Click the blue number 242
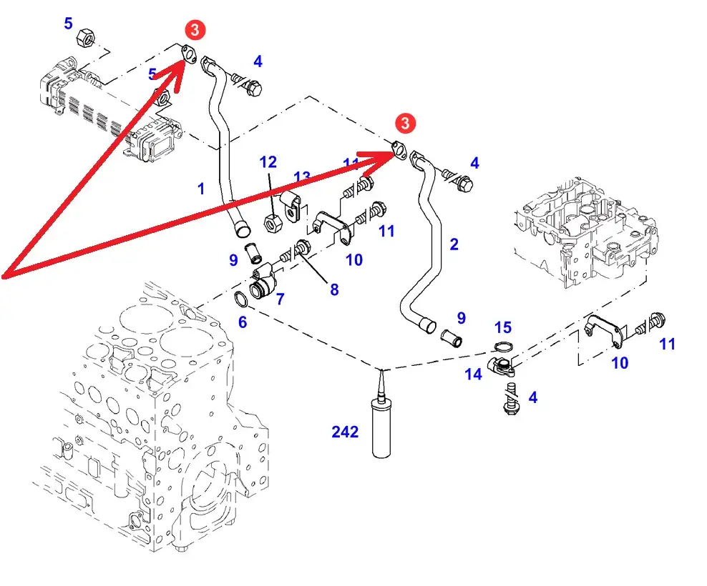[344, 432]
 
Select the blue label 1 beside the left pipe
[201, 189]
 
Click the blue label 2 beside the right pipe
[454, 244]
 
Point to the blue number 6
[243, 322]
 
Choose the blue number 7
[280, 299]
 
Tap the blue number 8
[334, 290]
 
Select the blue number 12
[268, 162]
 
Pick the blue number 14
[473, 373]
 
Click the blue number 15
[503, 327]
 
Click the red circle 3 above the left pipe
[196, 29]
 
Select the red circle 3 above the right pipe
[406, 123]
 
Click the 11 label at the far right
[667, 344]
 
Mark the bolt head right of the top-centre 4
[253, 88]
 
